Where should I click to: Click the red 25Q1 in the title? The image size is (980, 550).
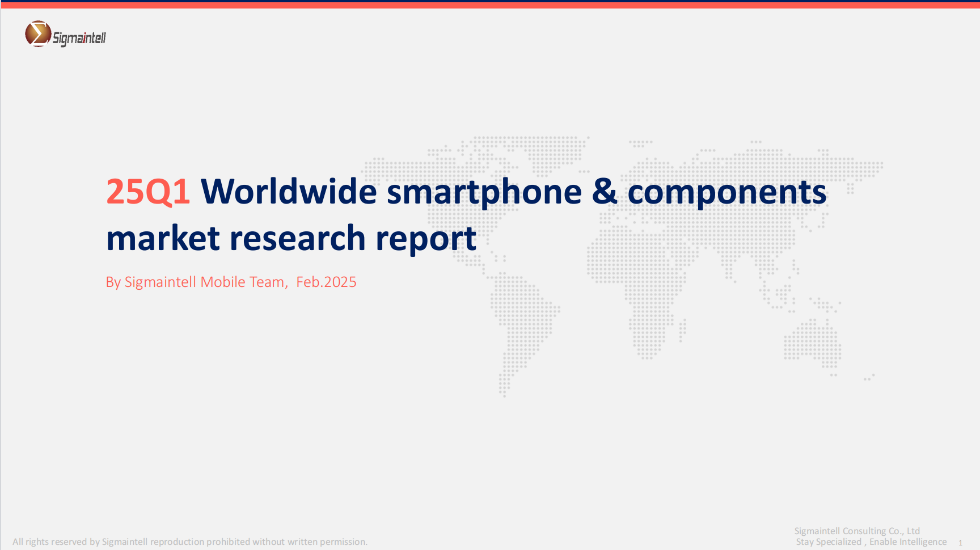tap(148, 192)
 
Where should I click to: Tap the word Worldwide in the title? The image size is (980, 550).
tap(289, 191)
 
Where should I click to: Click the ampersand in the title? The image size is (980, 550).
tap(605, 192)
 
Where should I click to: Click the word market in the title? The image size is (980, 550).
tap(163, 238)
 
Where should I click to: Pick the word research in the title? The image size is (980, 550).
tap(297, 238)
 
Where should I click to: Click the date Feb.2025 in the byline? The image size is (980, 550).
tap(326, 282)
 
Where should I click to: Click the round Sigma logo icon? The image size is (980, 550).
tap(38, 33)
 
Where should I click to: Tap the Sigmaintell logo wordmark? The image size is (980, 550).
tap(79, 38)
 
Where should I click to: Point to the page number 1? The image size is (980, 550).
tap(960, 543)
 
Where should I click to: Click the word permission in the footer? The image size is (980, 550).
tap(344, 542)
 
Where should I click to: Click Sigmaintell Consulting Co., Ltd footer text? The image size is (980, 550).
tap(857, 531)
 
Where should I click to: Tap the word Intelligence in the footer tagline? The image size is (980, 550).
tap(922, 542)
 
